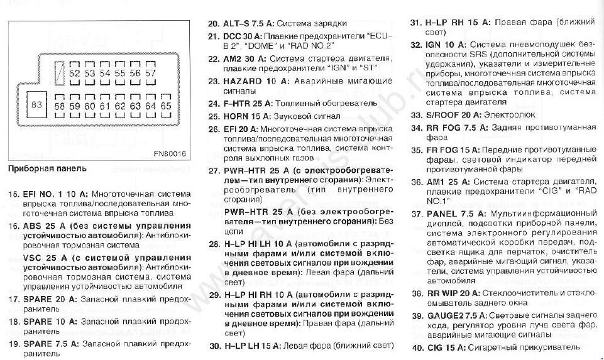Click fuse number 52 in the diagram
(74, 74)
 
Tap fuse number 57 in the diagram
(150, 74)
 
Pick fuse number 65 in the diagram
(165, 106)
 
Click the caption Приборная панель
(48, 168)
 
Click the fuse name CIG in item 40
(433, 347)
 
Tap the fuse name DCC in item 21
(233, 36)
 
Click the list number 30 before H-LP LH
(214, 346)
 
